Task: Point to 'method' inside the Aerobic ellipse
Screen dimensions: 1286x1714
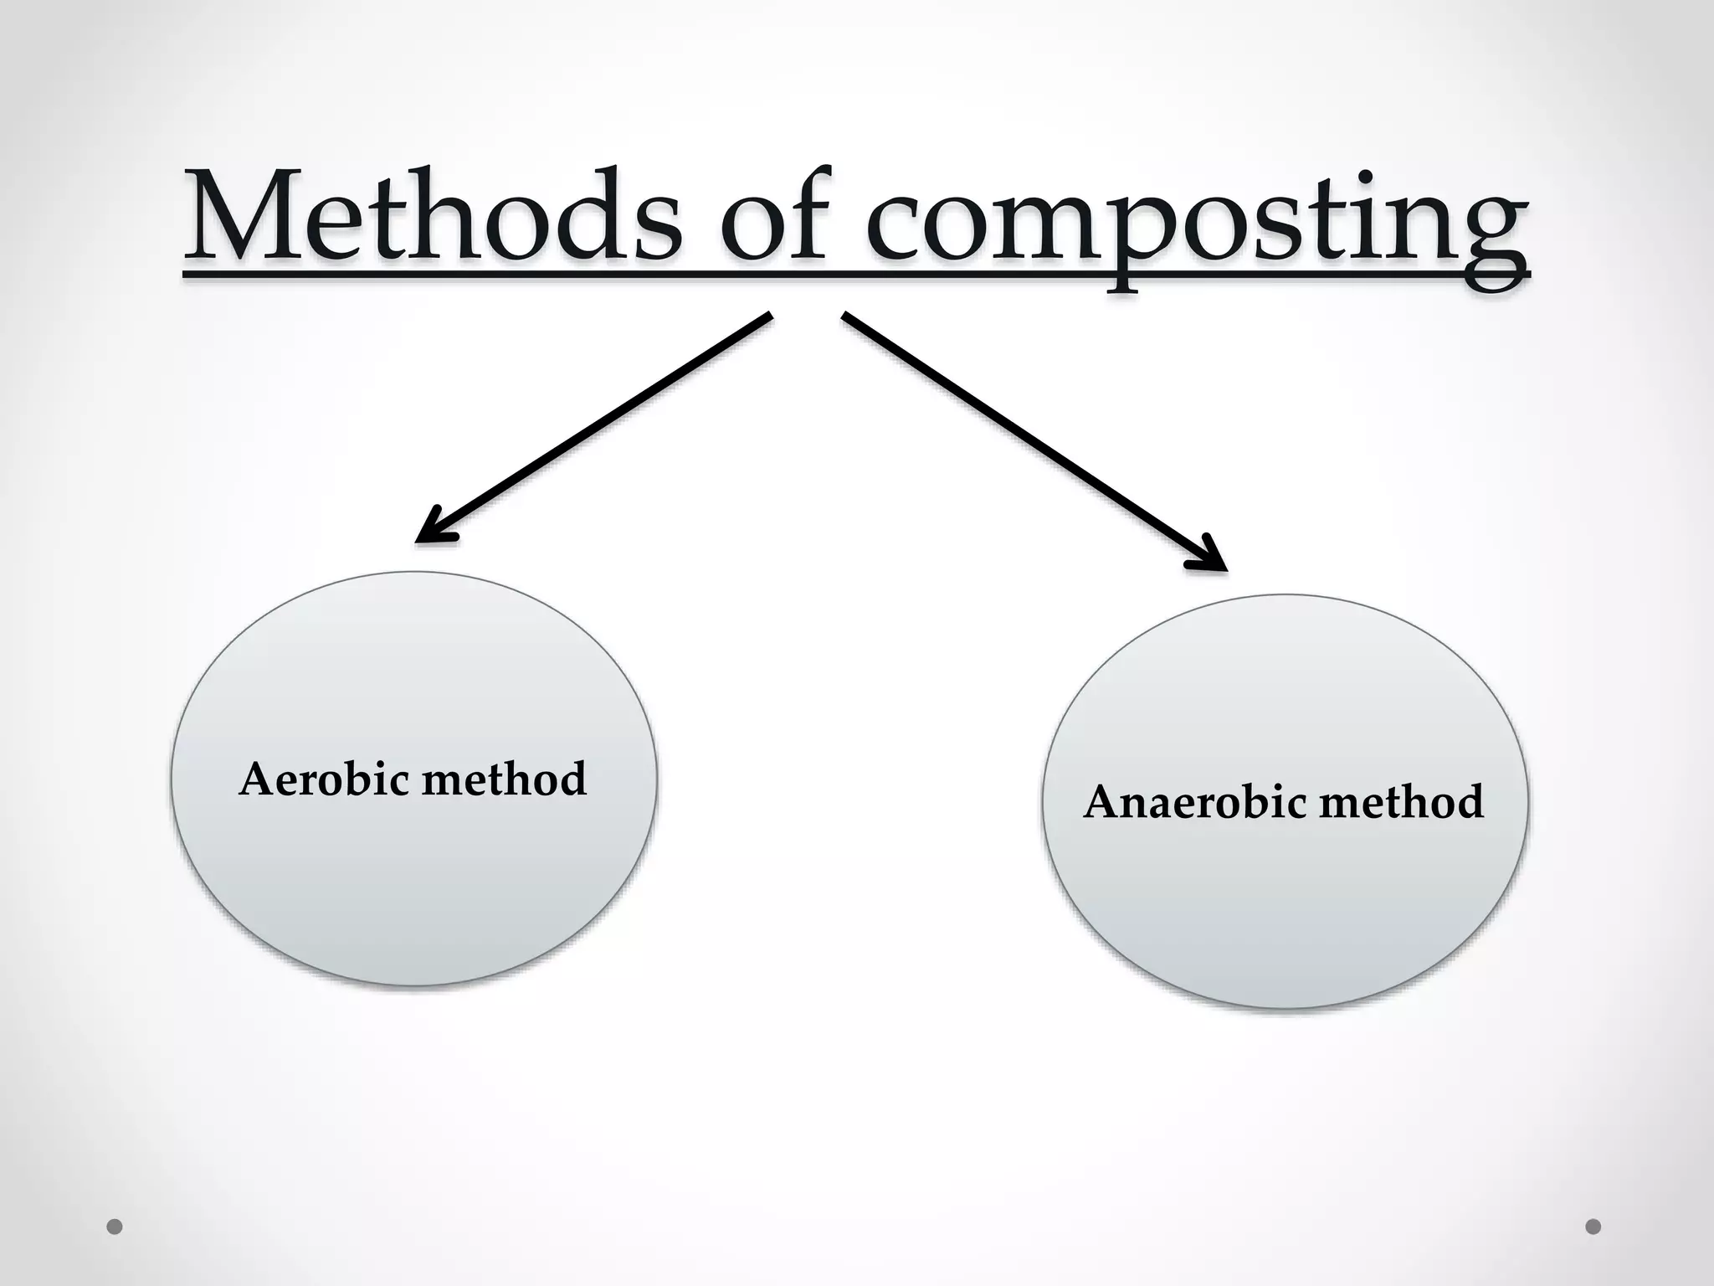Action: pyautogui.click(x=504, y=779)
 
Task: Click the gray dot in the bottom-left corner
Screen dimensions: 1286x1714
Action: pyautogui.click(x=115, y=1227)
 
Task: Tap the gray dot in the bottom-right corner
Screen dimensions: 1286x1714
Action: pyautogui.click(x=1593, y=1227)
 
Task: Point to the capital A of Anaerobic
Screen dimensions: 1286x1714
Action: pyautogui.click(x=1102, y=802)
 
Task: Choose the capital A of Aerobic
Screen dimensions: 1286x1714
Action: pyautogui.click(x=257, y=779)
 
